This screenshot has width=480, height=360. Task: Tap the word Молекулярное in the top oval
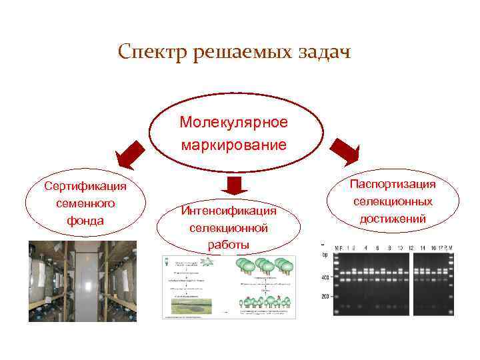pos(233,123)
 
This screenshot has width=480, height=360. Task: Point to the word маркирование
pos(233,144)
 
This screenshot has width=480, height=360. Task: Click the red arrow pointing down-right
pos(345,152)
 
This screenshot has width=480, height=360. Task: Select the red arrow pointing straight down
pos(233,185)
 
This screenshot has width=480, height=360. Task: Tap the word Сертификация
pos(85,185)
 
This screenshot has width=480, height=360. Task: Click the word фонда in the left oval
pos(85,220)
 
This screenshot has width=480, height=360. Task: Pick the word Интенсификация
pos(229,211)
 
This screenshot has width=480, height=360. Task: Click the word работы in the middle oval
pos(229,245)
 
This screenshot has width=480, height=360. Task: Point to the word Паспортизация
pos(393,183)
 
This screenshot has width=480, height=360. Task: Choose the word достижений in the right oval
pos(393,218)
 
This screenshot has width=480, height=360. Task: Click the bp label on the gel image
pos(325,254)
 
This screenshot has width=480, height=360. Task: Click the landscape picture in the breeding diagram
pos(191,306)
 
